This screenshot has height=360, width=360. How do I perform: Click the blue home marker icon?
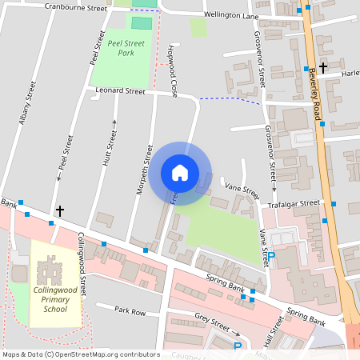(180, 172)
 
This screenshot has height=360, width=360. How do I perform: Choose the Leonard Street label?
(120, 91)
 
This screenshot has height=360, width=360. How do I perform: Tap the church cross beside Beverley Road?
(323, 68)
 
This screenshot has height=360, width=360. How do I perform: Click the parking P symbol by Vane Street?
(270, 256)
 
